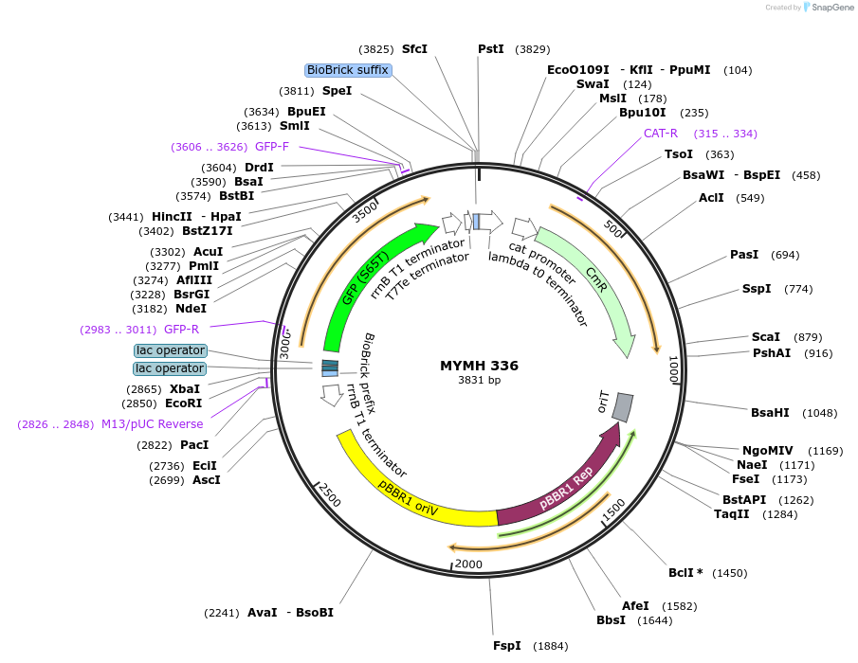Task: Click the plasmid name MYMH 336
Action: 479,366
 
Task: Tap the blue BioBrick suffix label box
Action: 348,70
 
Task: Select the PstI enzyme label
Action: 491,48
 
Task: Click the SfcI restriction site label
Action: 414,48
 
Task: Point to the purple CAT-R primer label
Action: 661,134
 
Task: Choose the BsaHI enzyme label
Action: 770,413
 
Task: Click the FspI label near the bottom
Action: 507,646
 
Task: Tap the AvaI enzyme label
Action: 262,613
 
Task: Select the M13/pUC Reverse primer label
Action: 152,424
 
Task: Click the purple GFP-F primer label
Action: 272,147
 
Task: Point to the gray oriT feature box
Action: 622,407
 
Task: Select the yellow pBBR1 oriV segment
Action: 408,488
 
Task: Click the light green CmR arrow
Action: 597,284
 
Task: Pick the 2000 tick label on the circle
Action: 468,564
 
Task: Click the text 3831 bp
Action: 479,381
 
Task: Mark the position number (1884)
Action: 551,646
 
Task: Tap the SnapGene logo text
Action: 830,8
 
